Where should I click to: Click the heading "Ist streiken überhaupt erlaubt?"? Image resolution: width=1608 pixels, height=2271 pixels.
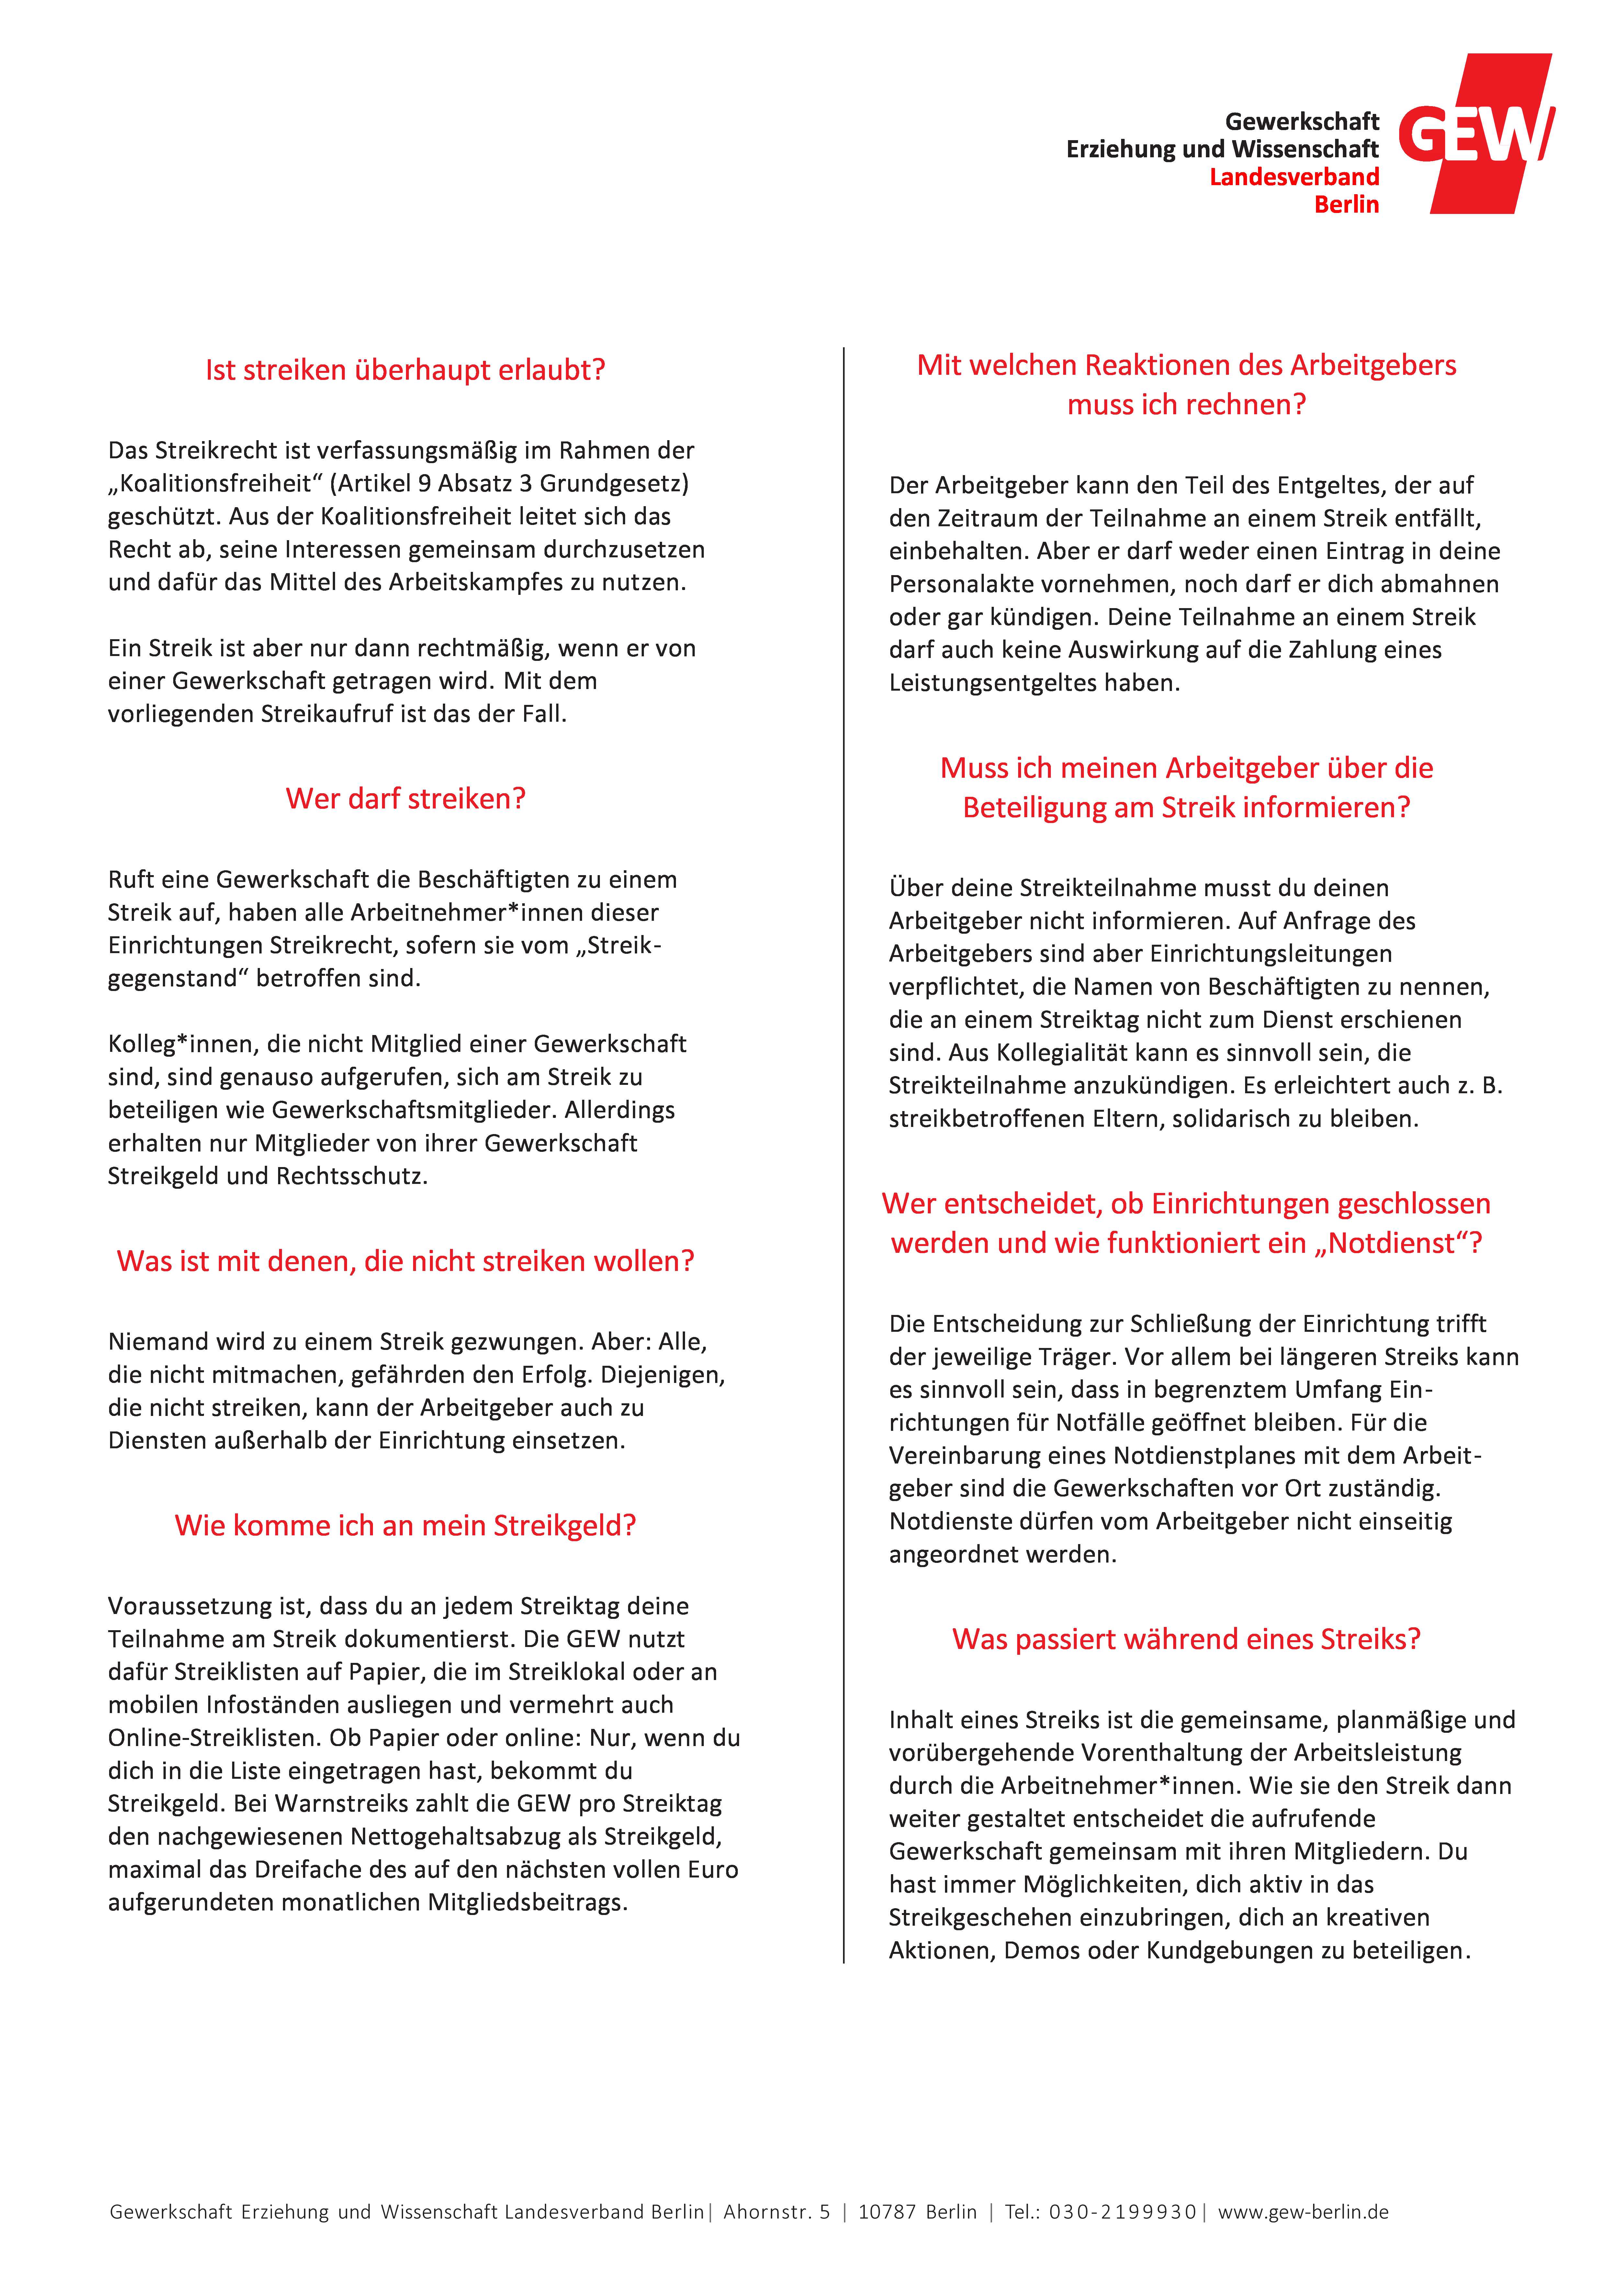(405, 370)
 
